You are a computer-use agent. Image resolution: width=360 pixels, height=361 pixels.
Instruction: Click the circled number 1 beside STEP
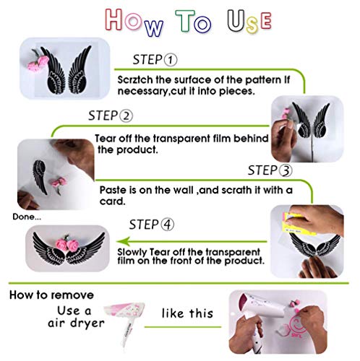click(x=171, y=60)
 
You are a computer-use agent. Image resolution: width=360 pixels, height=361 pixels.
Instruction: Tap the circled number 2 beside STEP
click(x=126, y=116)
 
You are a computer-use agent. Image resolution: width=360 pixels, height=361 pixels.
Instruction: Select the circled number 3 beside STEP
click(x=286, y=170)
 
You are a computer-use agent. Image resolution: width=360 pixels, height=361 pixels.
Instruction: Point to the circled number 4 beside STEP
click(x=167, y=225)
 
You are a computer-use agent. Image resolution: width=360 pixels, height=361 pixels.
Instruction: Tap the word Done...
click(x=23, y=217)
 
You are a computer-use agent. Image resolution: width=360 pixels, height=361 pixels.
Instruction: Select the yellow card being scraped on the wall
click(x=294, y=224)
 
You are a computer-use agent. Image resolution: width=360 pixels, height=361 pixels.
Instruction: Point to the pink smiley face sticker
click(x=299, y=324)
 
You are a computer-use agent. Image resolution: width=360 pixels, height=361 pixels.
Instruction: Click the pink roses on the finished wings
click(x=66, y=243)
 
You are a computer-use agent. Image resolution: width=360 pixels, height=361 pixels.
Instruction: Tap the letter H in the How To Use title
click(x=114, y=19)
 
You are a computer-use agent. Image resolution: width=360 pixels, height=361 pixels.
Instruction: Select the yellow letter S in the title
click(x=252, y=25)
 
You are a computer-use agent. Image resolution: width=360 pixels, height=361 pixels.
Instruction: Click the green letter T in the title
click(x=185, y=21)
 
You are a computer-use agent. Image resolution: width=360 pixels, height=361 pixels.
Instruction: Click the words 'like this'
click(x=187, y=313)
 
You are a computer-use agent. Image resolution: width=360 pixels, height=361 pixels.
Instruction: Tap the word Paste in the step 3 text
click(x=113, y=190)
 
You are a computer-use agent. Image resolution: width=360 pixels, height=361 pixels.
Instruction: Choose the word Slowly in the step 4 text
click(x=132, y=253)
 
